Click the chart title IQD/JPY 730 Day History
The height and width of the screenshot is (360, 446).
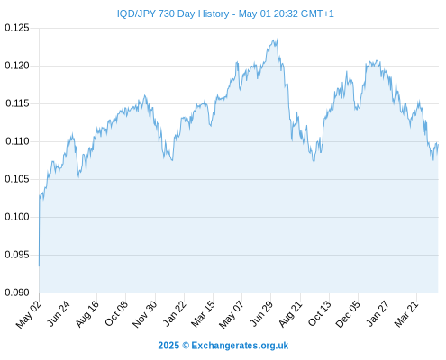pos(173,13)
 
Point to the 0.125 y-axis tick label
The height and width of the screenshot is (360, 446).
pos(17,28)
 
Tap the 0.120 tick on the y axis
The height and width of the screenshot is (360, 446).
pos(17,66)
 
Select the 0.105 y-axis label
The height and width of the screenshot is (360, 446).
pos(17,179)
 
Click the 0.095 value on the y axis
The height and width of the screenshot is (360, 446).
pos(17,255)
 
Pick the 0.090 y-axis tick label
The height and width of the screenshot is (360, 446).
pos(17,292)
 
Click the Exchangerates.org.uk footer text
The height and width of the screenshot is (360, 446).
pos(240,346)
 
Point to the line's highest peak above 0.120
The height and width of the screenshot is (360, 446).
pos(277,39)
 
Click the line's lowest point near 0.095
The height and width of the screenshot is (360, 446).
pos(39,266)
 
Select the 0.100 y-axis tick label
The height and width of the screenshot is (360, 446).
pos(17,217)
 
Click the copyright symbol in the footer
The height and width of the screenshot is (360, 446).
pos(186,346)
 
